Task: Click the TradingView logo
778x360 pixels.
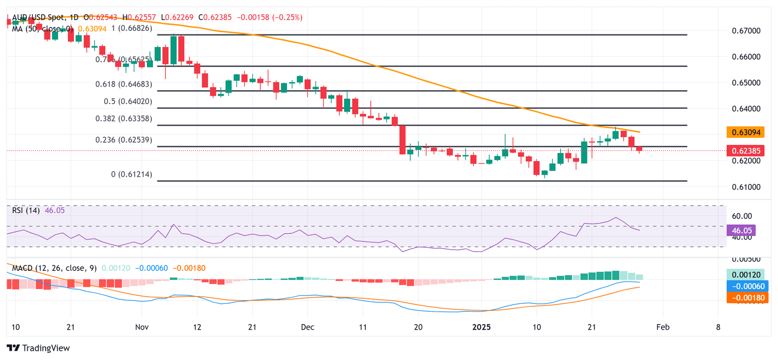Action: tap(38, 348)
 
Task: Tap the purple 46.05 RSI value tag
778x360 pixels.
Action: tap(742, 230)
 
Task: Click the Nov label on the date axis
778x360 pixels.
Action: tap(141, 328)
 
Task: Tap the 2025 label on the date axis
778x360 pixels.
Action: tap(482, 328)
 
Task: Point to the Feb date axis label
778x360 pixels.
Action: tap(663, 328)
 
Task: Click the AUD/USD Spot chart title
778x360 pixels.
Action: tap(38, 17)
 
